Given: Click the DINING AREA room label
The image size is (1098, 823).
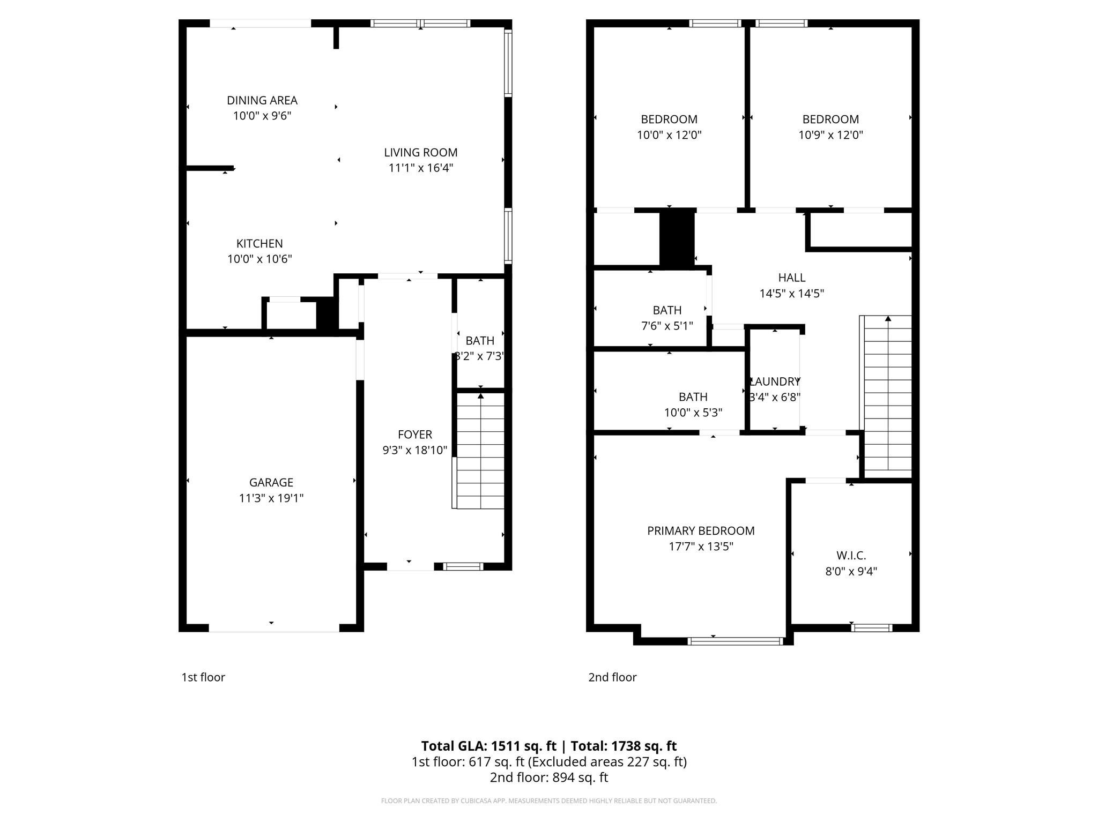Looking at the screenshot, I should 262,100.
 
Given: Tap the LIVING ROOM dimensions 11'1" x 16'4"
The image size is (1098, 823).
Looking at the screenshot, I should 420,168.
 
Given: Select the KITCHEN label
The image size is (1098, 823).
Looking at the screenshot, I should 259,243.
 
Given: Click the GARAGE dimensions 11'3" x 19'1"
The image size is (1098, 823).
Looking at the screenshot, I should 271,498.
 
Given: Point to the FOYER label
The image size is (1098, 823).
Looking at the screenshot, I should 414,435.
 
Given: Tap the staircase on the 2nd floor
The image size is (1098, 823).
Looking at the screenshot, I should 887,394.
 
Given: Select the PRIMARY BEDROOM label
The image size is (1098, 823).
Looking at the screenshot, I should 701,531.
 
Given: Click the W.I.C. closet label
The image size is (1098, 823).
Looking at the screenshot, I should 851,556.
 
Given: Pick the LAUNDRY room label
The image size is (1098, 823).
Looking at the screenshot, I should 775,381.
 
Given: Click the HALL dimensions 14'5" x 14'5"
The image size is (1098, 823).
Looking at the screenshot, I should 791,294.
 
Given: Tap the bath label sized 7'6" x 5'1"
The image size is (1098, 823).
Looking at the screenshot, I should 667,310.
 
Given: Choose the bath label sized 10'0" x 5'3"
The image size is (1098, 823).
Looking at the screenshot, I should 693,397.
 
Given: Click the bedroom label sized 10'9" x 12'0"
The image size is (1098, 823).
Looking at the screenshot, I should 830,119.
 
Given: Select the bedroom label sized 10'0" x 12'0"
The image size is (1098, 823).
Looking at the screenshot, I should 669,119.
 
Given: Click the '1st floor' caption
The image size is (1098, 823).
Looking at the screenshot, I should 203,677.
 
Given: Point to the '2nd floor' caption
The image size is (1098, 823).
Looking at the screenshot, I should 612,677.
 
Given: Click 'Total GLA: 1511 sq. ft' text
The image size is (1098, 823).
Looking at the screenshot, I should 488,746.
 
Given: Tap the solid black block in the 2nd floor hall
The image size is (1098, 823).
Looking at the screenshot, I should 677,239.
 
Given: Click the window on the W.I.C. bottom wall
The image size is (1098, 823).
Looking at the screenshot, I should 872,627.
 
